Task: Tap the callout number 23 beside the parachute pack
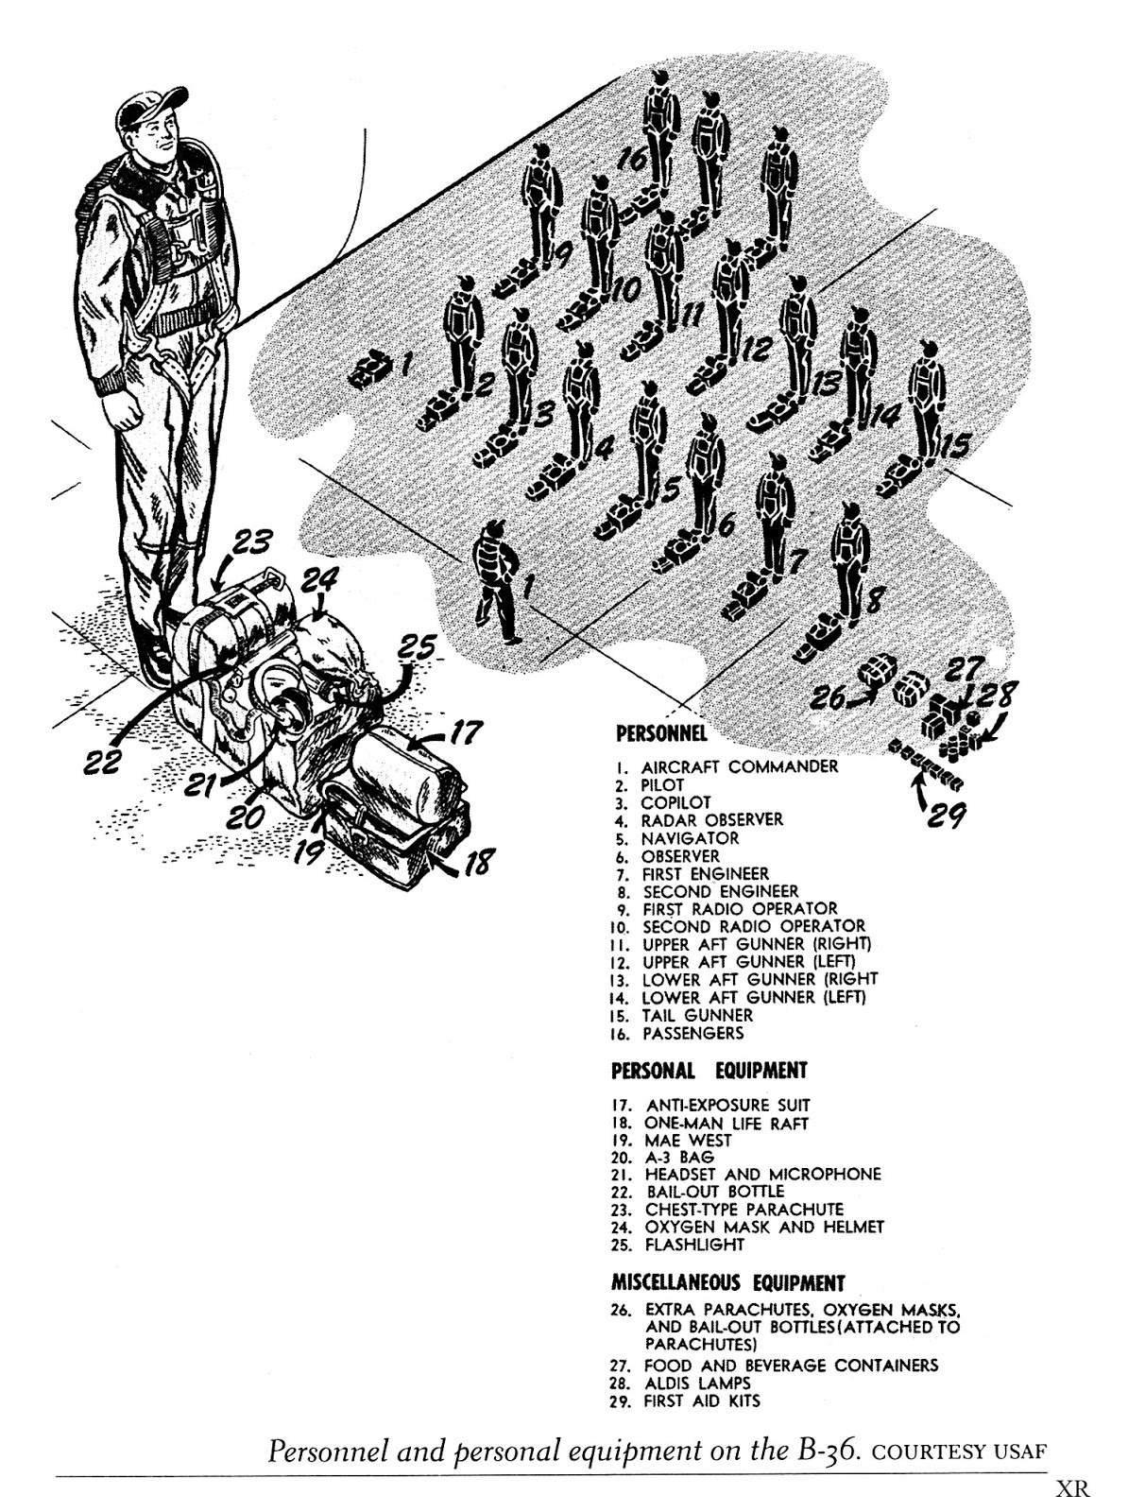pos(248,545)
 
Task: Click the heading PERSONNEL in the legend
pos(661,732)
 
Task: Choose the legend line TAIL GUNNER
pos(697,1015)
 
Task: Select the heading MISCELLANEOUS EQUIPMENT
pos(727,1283)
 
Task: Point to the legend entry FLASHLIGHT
pos(694,1245)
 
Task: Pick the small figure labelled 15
pos(926,397)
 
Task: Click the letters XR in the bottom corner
pos(1073,1490)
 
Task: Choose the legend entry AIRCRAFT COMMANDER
pos(739,766)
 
